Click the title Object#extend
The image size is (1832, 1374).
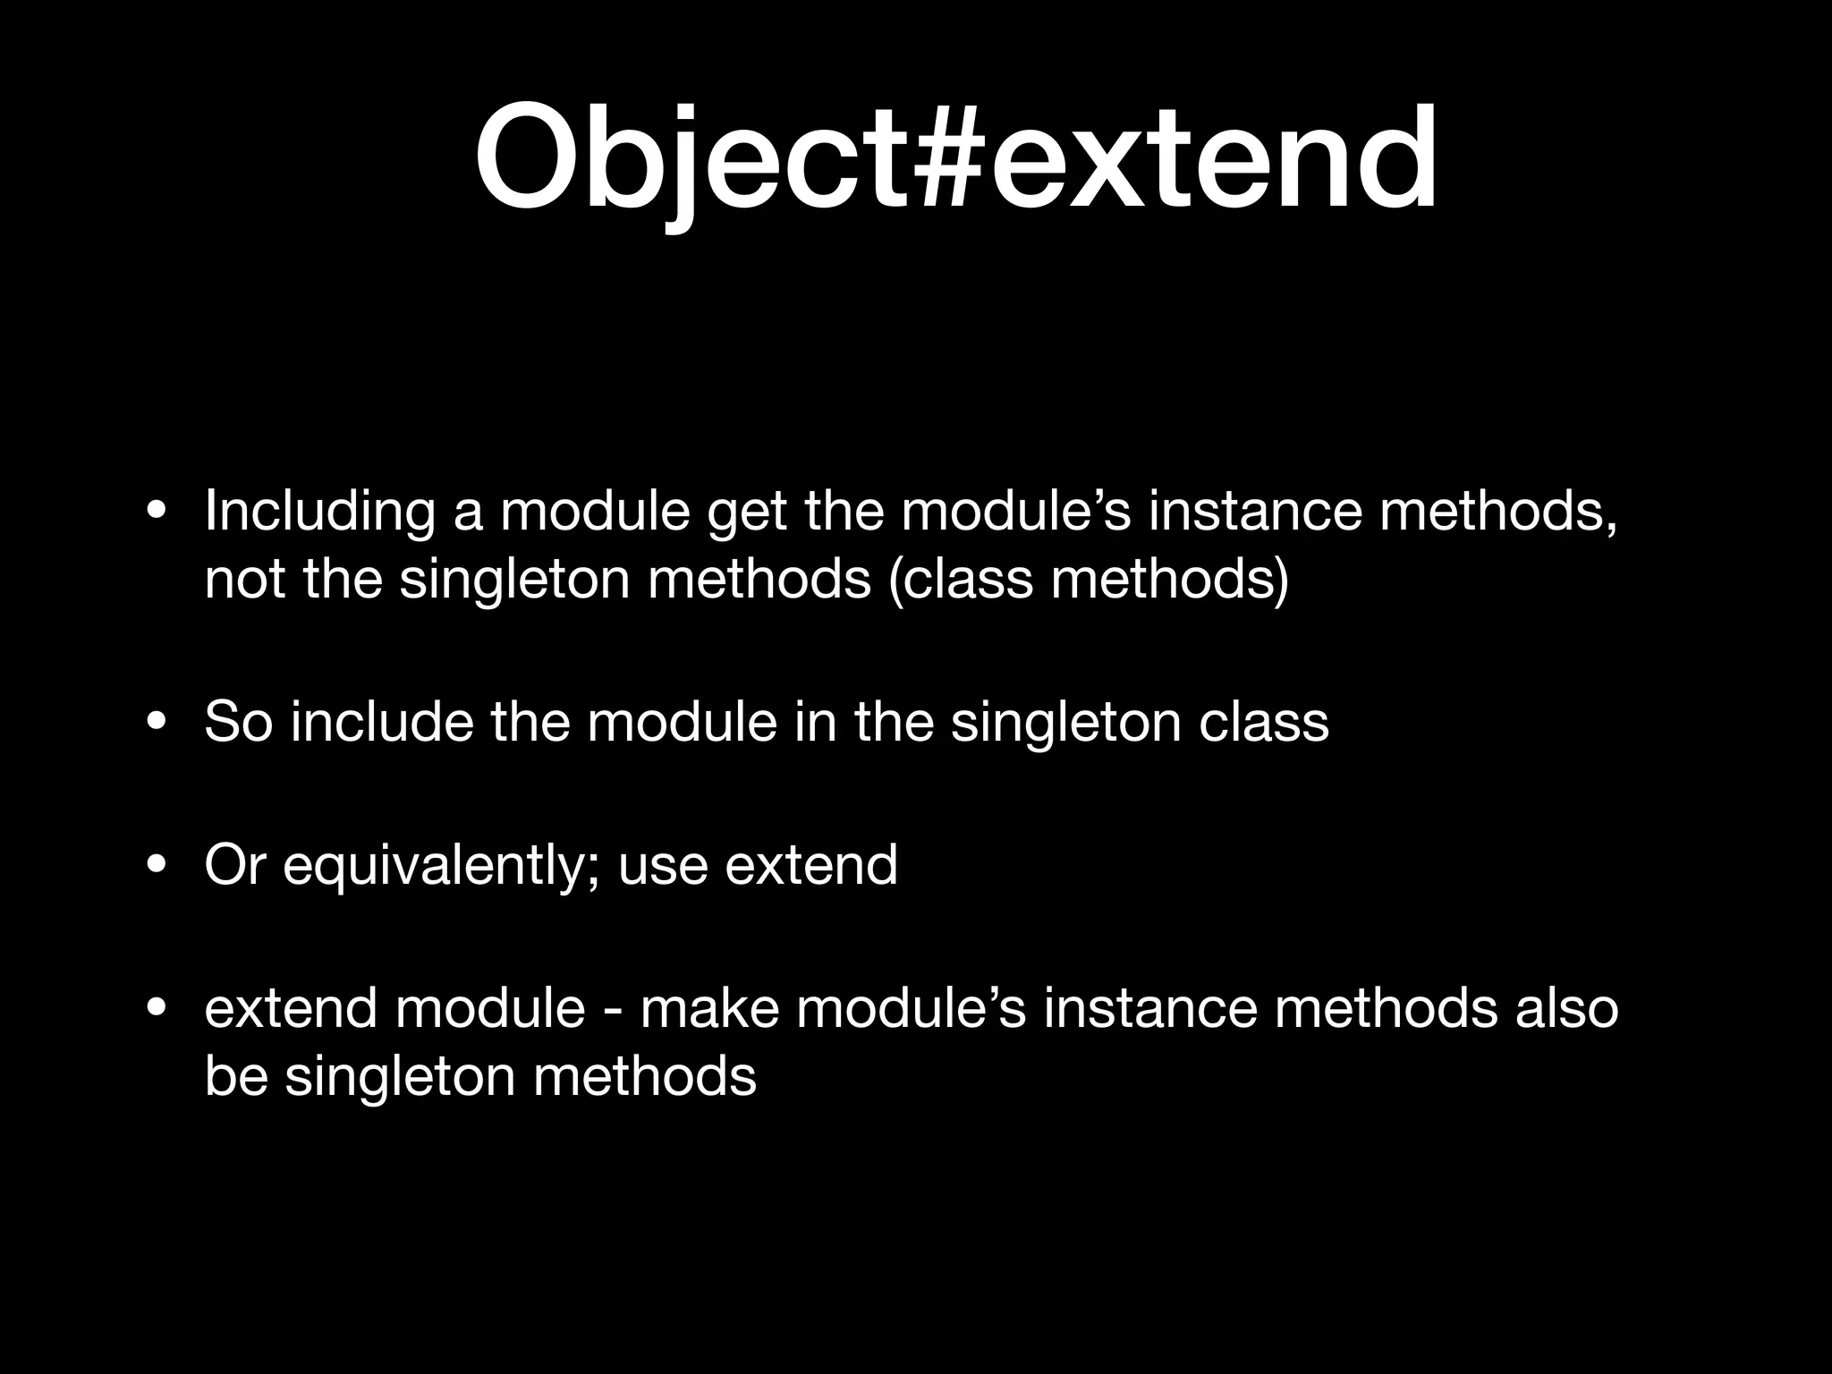[955, 159]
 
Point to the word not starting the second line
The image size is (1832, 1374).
[244, 580]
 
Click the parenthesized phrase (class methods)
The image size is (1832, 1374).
[1089, 580]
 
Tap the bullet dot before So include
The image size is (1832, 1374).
[157, 722]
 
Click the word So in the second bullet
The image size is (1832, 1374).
[238, 722]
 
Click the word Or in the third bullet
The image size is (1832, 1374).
[234, 865]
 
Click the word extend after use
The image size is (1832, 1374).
[810, 865]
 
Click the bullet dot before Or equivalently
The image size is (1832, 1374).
[157, 865]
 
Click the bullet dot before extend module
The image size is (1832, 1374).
[157, 1008]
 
